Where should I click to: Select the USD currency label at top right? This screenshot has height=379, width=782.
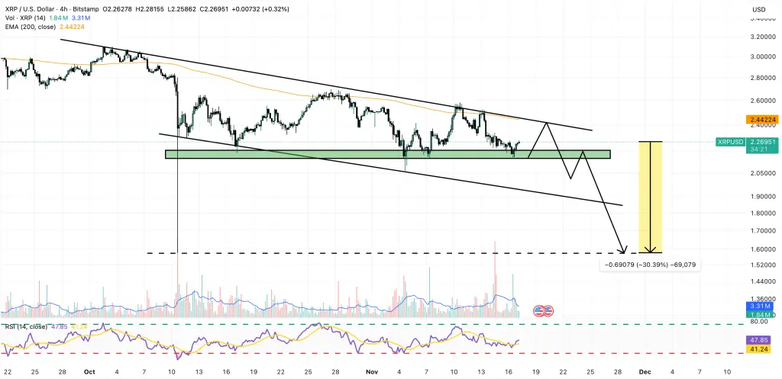pyautogui.click(x=759, y=9)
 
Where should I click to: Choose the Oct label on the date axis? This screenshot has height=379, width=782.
pyautogui.click(x=89, y=371)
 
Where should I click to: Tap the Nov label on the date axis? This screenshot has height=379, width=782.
pyautogui.click(x=370, y=371)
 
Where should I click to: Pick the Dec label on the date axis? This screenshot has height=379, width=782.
pyautogui.click(x=645, y=371)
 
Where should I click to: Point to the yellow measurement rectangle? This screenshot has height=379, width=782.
pyautogui.click(x=650, y=197)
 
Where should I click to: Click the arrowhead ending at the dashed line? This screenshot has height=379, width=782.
pyautogui.click(x=624, y=250)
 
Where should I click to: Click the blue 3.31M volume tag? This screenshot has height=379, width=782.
pyautogui.click(x=759, y=306)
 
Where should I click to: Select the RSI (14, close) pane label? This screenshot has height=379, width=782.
pyautogui.click(x=26, y=326)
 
